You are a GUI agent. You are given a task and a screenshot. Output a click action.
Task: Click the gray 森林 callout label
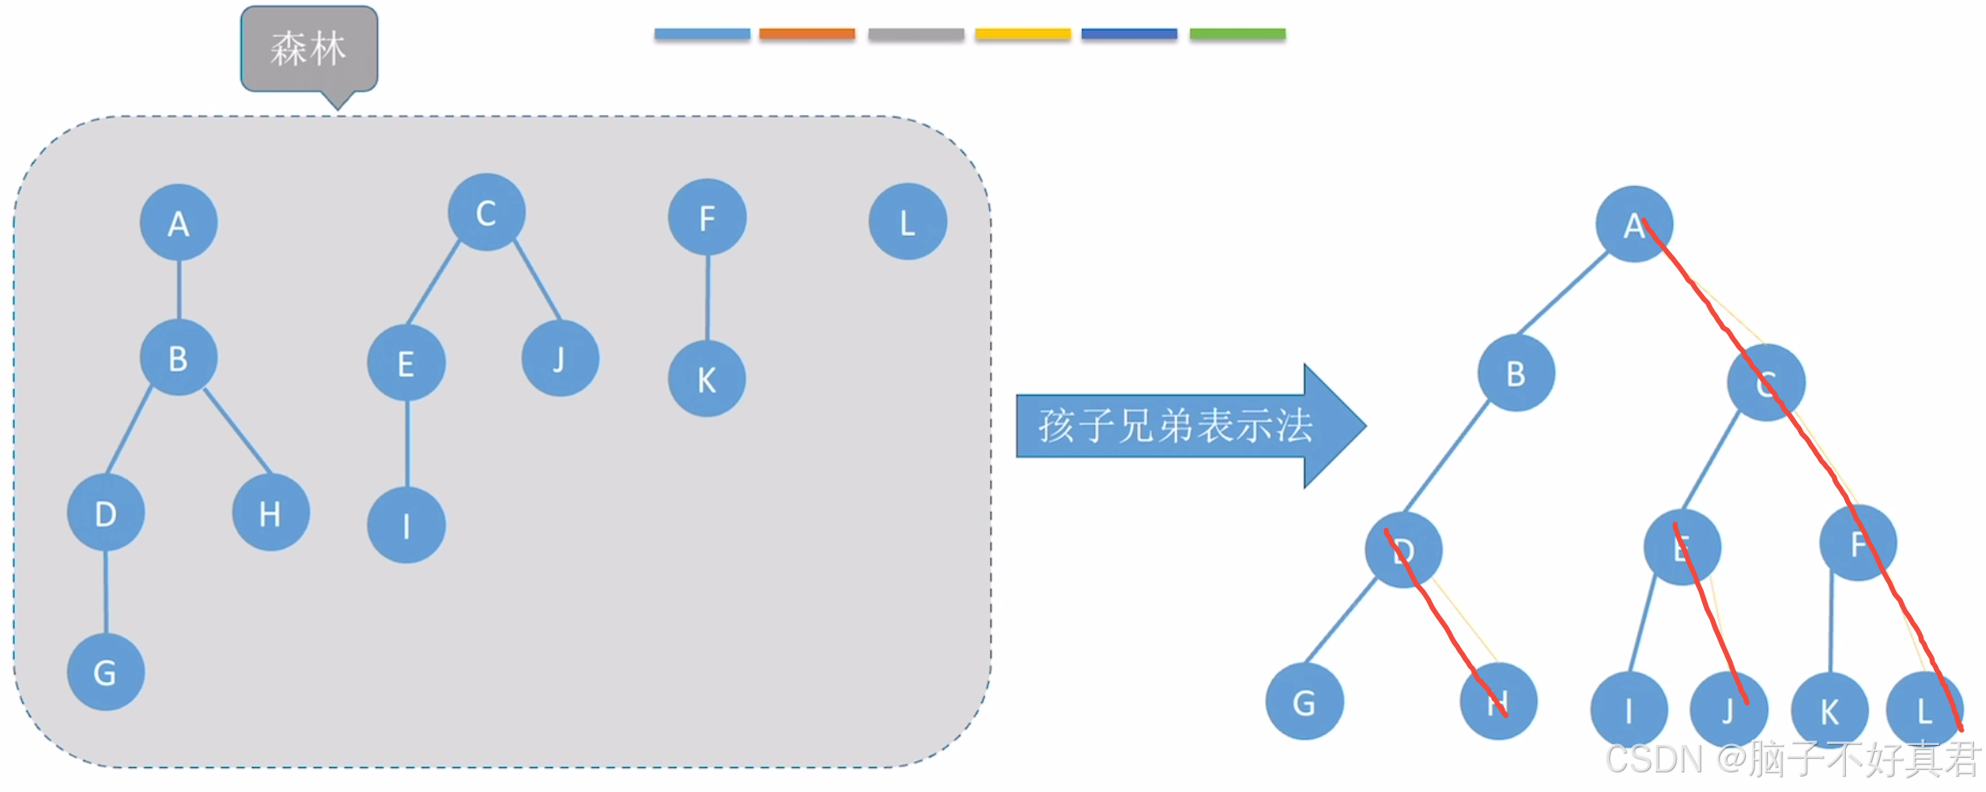tap(309, 49)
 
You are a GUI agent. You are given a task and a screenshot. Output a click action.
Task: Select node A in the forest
tap(179, 223)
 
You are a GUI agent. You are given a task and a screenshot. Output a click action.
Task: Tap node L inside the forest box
tap(907, 222)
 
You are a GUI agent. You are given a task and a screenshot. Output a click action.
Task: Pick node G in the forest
tap(105, 672)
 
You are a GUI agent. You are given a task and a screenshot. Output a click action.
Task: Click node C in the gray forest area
tap(486, 213)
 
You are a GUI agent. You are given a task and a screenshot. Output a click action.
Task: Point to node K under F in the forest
tap(706, 379)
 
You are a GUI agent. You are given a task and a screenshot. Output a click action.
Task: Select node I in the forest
tap(406, 525)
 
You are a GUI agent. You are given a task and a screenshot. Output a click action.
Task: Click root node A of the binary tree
tap(1634, 225)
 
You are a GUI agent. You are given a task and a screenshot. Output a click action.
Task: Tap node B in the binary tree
tap(1516, 373)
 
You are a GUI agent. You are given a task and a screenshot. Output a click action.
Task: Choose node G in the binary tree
tap(1304, 702)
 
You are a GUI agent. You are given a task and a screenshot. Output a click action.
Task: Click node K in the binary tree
tap(1830, 711)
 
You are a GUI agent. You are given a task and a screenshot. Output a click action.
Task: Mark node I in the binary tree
tap(1629, 710)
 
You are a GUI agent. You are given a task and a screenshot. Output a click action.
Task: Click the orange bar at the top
tap(807, 34)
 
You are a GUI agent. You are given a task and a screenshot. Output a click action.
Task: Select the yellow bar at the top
tap(1022, 34)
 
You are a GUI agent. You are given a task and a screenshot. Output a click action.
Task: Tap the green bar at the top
tap(1237, 34)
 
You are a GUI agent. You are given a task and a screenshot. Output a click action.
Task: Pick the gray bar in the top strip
tap(916, 34)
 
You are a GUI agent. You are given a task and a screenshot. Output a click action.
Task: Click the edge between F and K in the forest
tap(708, 297)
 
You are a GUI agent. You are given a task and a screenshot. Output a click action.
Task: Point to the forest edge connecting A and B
tap(179, 290)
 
